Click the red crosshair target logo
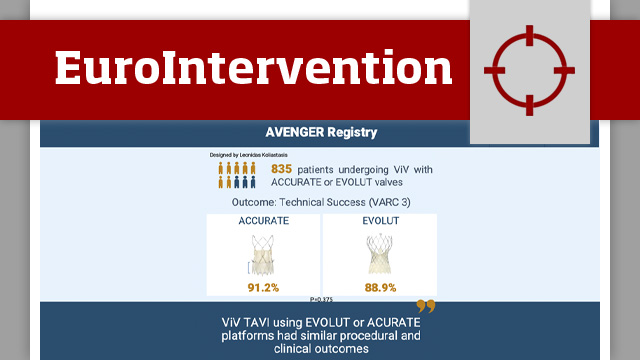(529, 69)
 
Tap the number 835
(281, 170)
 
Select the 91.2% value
(263, 287)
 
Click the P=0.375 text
(321, 298)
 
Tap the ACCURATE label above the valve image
(263, 221)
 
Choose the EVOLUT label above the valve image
(379, 221)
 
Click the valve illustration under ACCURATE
(263, 255)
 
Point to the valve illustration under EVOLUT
(379, 255)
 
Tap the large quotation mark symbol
(426, 307)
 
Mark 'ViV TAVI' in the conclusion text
(245, 322)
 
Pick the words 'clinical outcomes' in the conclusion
(320, 350)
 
